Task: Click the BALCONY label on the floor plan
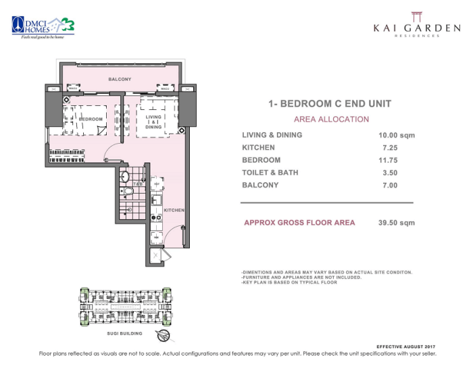(120, 80)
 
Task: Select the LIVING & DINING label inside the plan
(153, 121)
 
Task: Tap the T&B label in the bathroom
(136, 184)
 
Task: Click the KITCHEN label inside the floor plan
(174, 210)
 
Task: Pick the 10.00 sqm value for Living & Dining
(397, 135)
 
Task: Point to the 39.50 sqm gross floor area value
(397, 223)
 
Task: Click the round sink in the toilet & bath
(124, 177)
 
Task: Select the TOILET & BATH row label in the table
(270, 173)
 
